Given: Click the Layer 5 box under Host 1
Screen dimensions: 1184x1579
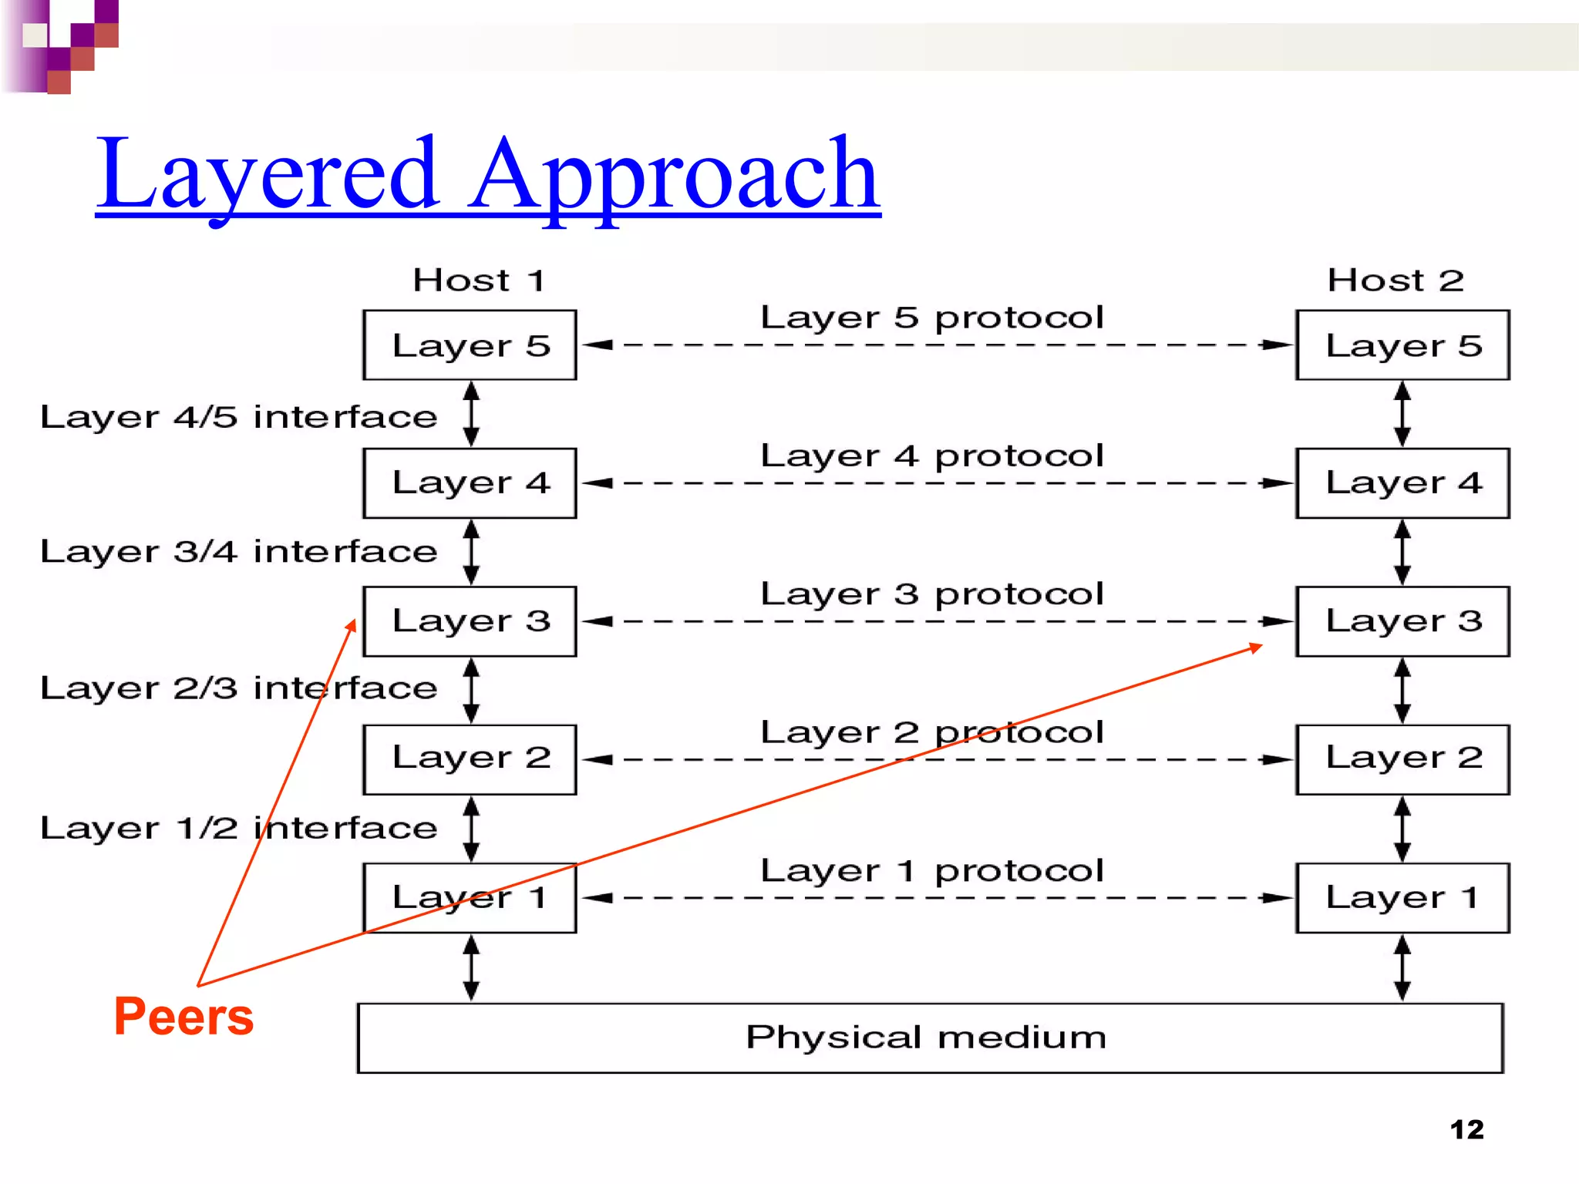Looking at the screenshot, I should click(470, 345).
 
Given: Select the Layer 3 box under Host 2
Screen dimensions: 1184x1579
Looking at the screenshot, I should click(1402, 621).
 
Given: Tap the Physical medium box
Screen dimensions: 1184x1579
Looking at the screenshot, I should click(930, 1038).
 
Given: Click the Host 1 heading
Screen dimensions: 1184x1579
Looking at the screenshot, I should click(479, 280).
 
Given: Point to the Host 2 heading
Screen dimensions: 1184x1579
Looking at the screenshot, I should click(1395, 280).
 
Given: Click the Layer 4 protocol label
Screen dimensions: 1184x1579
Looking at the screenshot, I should click(931, 456).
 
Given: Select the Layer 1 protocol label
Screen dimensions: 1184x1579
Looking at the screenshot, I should click(931, 871).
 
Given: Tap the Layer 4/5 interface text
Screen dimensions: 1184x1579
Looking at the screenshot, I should click(238, 417).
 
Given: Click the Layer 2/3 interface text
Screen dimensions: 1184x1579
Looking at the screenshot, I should click(238, 688).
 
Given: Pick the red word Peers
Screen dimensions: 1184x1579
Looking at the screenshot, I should click(183, 1017).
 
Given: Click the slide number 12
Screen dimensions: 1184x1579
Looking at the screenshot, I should click(1466, 1129).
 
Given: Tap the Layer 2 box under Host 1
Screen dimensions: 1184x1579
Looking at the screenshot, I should click(470, 759).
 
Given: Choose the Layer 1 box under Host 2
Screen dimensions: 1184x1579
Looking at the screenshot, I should click(1402, 898).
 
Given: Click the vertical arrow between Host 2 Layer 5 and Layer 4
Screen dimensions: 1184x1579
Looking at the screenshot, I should click(1402, 414).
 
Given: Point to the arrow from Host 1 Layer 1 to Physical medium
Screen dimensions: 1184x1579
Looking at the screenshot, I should click(471, 967).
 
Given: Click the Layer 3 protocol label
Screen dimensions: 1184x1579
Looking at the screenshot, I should click(931, 594).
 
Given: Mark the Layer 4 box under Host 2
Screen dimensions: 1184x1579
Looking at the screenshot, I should click(1402, 483).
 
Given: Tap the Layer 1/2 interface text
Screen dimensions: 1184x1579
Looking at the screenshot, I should click(238, 828).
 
